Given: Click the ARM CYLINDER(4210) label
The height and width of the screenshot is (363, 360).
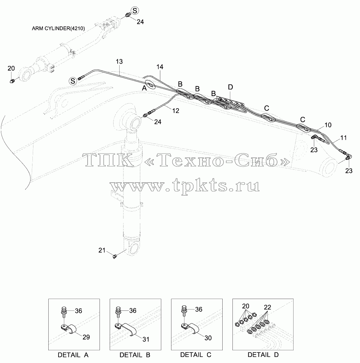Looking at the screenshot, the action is pyautogui.click(x=58, y=28).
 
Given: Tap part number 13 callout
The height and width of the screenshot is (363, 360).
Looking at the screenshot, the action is pyautogui.click(x=119, y=61).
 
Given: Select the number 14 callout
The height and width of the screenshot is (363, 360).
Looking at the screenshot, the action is pyautogui.click(x=160, y=67).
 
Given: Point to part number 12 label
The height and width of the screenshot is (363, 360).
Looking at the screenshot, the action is pyautogui.click(x=176, y=111).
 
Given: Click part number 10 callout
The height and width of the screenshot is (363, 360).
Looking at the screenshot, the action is pyautogui.click(x=328, y=125).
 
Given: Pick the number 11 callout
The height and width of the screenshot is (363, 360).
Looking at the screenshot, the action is pyautogui.click(x=343, y=138).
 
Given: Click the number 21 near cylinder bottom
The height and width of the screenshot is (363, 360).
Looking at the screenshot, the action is pyautogui.click(x=102, y=250).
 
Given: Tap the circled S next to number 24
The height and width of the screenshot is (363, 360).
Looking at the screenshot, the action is pyautogui.click(x=135, y=11).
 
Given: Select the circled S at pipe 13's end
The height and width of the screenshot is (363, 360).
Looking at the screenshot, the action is pyautogui.click(x=73, y=81).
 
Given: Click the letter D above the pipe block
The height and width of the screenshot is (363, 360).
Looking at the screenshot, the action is pyautogui.click(x=230, y=87).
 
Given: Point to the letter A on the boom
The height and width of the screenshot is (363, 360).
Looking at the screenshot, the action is pyautogui.click(x=144, y=88).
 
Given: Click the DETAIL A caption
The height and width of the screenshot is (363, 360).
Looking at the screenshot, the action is pyautogui.click(x=73, y=355).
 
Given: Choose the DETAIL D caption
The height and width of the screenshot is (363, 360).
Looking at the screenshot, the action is pyautogui.click(x=263, y=355).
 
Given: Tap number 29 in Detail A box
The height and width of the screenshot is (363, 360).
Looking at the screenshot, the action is pyautogui.click(x=86, y=337).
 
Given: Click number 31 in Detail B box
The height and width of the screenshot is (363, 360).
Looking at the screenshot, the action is pyautogui.click(x=146, y=339).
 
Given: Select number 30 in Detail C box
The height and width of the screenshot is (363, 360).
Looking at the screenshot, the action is pyautogui.click(x=208, y=338).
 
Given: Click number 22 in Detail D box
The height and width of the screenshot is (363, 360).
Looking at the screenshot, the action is pyautogui.click(x=267, y=307).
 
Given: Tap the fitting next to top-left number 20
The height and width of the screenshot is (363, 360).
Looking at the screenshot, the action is pyautogui.click(x=12, y=81).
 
